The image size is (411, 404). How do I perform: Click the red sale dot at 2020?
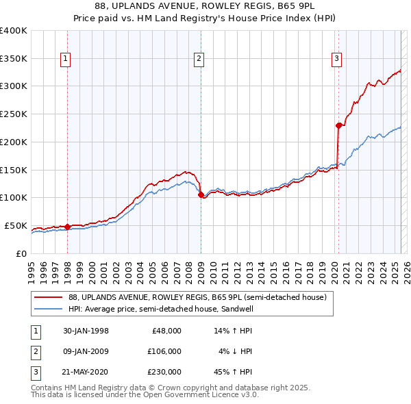point(338,125)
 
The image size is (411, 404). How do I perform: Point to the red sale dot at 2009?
point(201,194)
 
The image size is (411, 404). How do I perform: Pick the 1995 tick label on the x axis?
point(31,268)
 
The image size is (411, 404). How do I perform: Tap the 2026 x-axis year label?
point(406,268)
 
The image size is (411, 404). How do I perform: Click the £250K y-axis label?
point(14,114)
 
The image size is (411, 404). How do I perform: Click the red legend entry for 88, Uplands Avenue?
point(199,297)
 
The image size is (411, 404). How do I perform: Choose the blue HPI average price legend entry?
point(185,309)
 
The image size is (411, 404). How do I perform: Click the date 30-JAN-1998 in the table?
point(85,331)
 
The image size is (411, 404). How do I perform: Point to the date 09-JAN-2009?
point(85,351)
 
